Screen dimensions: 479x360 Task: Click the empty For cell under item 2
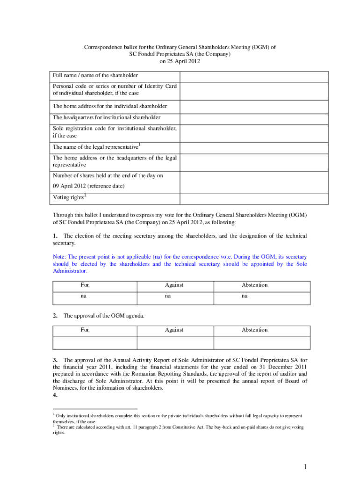point(94,343)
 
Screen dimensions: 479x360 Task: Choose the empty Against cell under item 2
point(175,343)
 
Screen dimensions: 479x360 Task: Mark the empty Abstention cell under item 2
point(261,343)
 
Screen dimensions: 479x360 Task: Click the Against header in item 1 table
point(174,285)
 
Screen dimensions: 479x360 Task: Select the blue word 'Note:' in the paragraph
point(60,257)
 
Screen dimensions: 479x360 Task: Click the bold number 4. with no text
point(55,395)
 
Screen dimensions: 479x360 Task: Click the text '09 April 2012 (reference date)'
point(89,186)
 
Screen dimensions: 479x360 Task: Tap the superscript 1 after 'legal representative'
point(140,144)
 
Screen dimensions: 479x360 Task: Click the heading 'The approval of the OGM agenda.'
point(104,316)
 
